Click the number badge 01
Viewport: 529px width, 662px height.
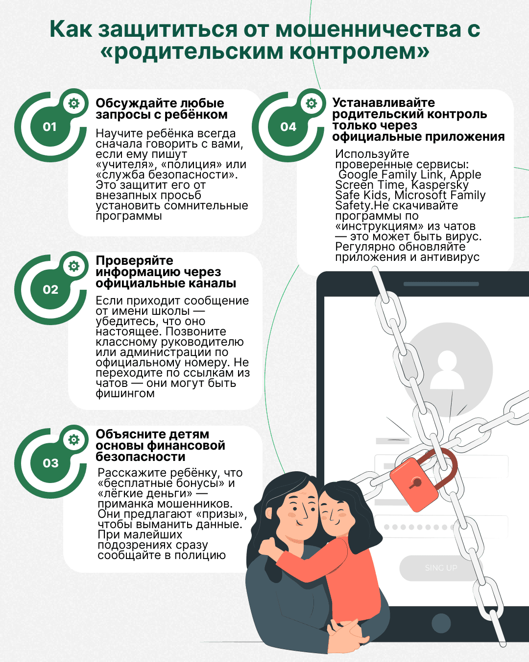[49, 127]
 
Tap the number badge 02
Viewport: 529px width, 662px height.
[50, 290]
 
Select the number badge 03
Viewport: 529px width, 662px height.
[50, 463]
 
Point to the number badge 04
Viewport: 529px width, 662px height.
[288, 127]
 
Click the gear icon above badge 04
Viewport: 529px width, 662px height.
[312, 103]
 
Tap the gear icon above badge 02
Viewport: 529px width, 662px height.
[73, 266]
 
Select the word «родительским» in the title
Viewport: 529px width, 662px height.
[194, 51]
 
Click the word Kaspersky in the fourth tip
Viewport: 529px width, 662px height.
[440, 185]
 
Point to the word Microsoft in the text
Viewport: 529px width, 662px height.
[420, 195]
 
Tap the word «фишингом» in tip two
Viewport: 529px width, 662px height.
[125, 393]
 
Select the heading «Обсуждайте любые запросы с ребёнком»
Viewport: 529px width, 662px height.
[161, 109]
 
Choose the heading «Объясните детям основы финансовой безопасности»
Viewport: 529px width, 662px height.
[160, 445]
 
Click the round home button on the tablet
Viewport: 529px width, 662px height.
[441, 623]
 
